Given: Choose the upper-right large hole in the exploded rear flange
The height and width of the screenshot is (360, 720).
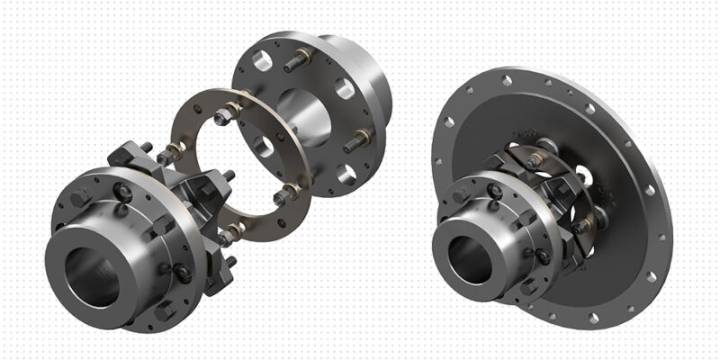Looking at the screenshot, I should point(343,88).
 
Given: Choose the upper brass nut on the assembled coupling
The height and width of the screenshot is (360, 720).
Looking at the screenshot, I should point(536,160).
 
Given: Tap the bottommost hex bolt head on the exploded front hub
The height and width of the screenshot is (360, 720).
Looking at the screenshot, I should point(166,310).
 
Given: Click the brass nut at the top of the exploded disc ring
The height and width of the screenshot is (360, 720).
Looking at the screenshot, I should point(231,110).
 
